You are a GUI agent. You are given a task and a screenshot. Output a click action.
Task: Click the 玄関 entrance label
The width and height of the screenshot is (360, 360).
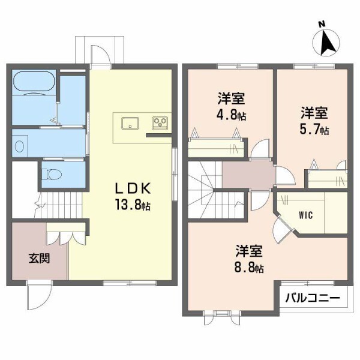pyautogui.click(x=39, y=259)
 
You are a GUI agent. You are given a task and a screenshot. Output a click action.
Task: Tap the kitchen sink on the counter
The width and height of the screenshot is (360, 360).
pyautogui.click(x=130, y=123)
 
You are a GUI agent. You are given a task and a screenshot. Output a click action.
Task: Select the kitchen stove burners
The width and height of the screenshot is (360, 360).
pyautogui.click(x=160, y=124)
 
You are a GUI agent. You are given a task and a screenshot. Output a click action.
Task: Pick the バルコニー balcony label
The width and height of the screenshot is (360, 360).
pyautogui.click(x=312, y=297)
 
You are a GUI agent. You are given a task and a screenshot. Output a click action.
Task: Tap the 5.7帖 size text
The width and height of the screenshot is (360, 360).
pyautogui.click(x=314, y=129)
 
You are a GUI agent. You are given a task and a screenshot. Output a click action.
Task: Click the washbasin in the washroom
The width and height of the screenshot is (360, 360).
pyautogui.click(x=20, y=145)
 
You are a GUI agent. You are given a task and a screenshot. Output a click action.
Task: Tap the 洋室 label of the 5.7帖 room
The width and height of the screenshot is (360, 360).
pyautogui.click(x=314, y=112)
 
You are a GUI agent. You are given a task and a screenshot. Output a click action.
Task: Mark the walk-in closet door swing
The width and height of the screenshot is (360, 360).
pyautogui.click(x=281, y=229)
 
